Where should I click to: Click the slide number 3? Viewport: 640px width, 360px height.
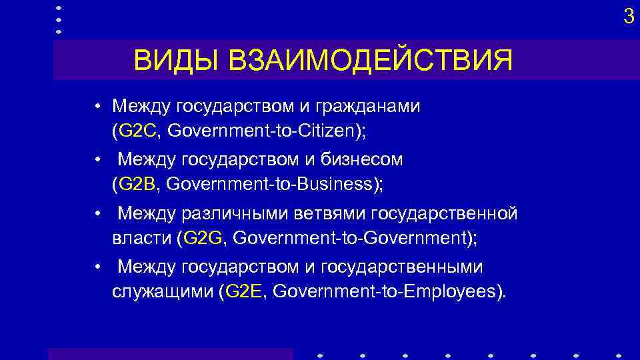pyautogui.click(x=628, y=17)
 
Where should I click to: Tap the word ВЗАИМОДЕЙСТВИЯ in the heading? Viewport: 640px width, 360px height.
pyautogui.click(x=371, y=61)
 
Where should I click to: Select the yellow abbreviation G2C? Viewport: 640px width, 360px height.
pyautogui.click(x=137, y=131)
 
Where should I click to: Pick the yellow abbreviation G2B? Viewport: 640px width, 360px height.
pyautogui.click(x=137, y=184)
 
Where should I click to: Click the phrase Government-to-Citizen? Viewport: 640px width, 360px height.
pyautogui.click(x=261, y=131)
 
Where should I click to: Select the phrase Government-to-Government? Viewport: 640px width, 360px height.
pyautogui.click(x=348, y=237)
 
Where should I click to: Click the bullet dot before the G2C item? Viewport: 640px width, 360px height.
pyautogui.click(x=98, y=107)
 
